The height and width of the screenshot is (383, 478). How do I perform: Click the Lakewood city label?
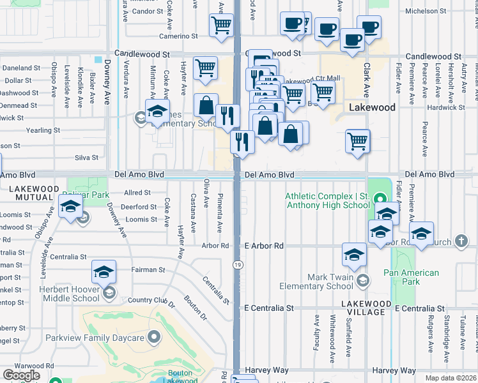tap(373, 107)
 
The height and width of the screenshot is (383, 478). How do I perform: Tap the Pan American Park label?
tap(412, 277)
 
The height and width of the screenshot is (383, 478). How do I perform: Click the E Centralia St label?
tap(269, 308)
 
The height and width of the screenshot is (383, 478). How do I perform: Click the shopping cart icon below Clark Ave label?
tap(357, 140)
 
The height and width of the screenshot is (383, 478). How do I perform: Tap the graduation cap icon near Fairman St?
tap(104, 272)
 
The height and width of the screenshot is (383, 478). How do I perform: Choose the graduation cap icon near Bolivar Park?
tap(70, 206)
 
